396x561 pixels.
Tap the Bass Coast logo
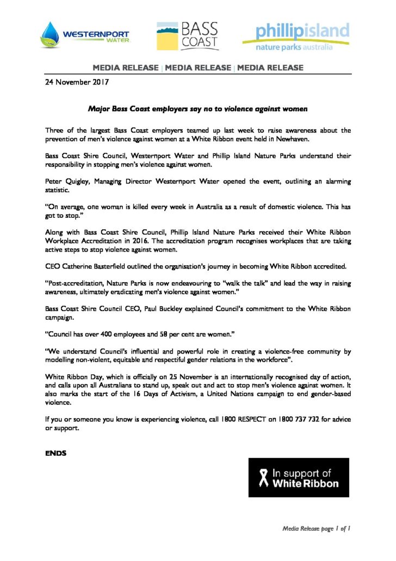click(188, 35)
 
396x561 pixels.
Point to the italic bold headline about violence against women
click(198, 109)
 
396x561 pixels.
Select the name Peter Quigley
click(64, 180)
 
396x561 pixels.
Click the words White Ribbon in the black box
click(305, 483)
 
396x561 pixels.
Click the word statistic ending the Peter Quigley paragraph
click(57, 189)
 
